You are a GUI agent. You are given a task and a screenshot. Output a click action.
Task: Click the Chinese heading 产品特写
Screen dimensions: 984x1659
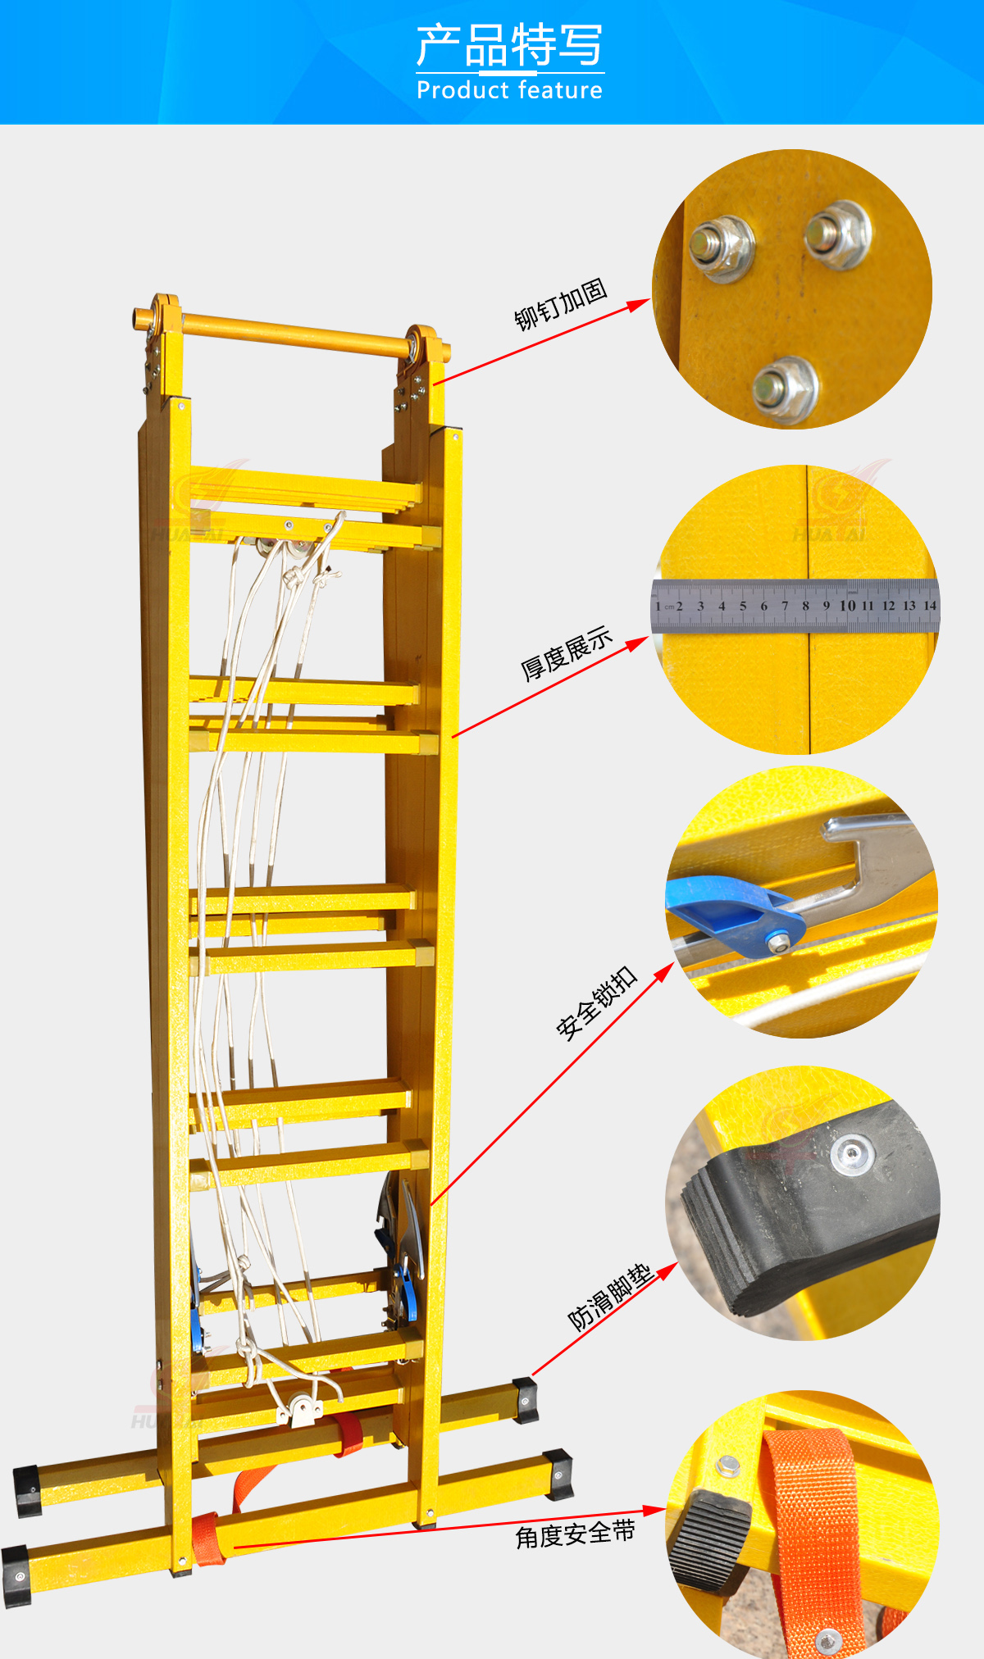(509, 45)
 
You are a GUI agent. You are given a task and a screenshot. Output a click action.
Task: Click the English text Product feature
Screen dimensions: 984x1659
(509, 89)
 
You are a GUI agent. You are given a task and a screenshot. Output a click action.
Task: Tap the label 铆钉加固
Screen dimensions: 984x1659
(561, 304)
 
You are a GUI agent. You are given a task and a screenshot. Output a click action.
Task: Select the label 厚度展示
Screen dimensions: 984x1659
(567, 653)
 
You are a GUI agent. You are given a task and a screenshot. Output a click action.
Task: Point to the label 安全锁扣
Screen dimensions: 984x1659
(596, 1003)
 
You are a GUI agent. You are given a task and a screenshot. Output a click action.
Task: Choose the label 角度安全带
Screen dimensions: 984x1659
(575, 1534)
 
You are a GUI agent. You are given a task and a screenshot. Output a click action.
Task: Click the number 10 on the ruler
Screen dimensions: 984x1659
(847, 606)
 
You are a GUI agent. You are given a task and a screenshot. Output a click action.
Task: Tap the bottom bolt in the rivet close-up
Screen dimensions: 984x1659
(785, 389)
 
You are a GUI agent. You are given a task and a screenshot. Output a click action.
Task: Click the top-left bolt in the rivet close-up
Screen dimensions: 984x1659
(720, 247)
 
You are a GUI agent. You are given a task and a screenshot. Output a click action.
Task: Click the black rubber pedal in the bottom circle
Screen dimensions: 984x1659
(710, 1540)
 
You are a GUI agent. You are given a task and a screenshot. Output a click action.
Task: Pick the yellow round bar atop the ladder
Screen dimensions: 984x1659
(292, 334)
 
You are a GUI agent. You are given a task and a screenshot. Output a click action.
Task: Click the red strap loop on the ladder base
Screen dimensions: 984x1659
(348, 1434)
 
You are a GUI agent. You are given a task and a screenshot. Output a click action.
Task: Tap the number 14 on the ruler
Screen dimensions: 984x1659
(930, 606)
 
